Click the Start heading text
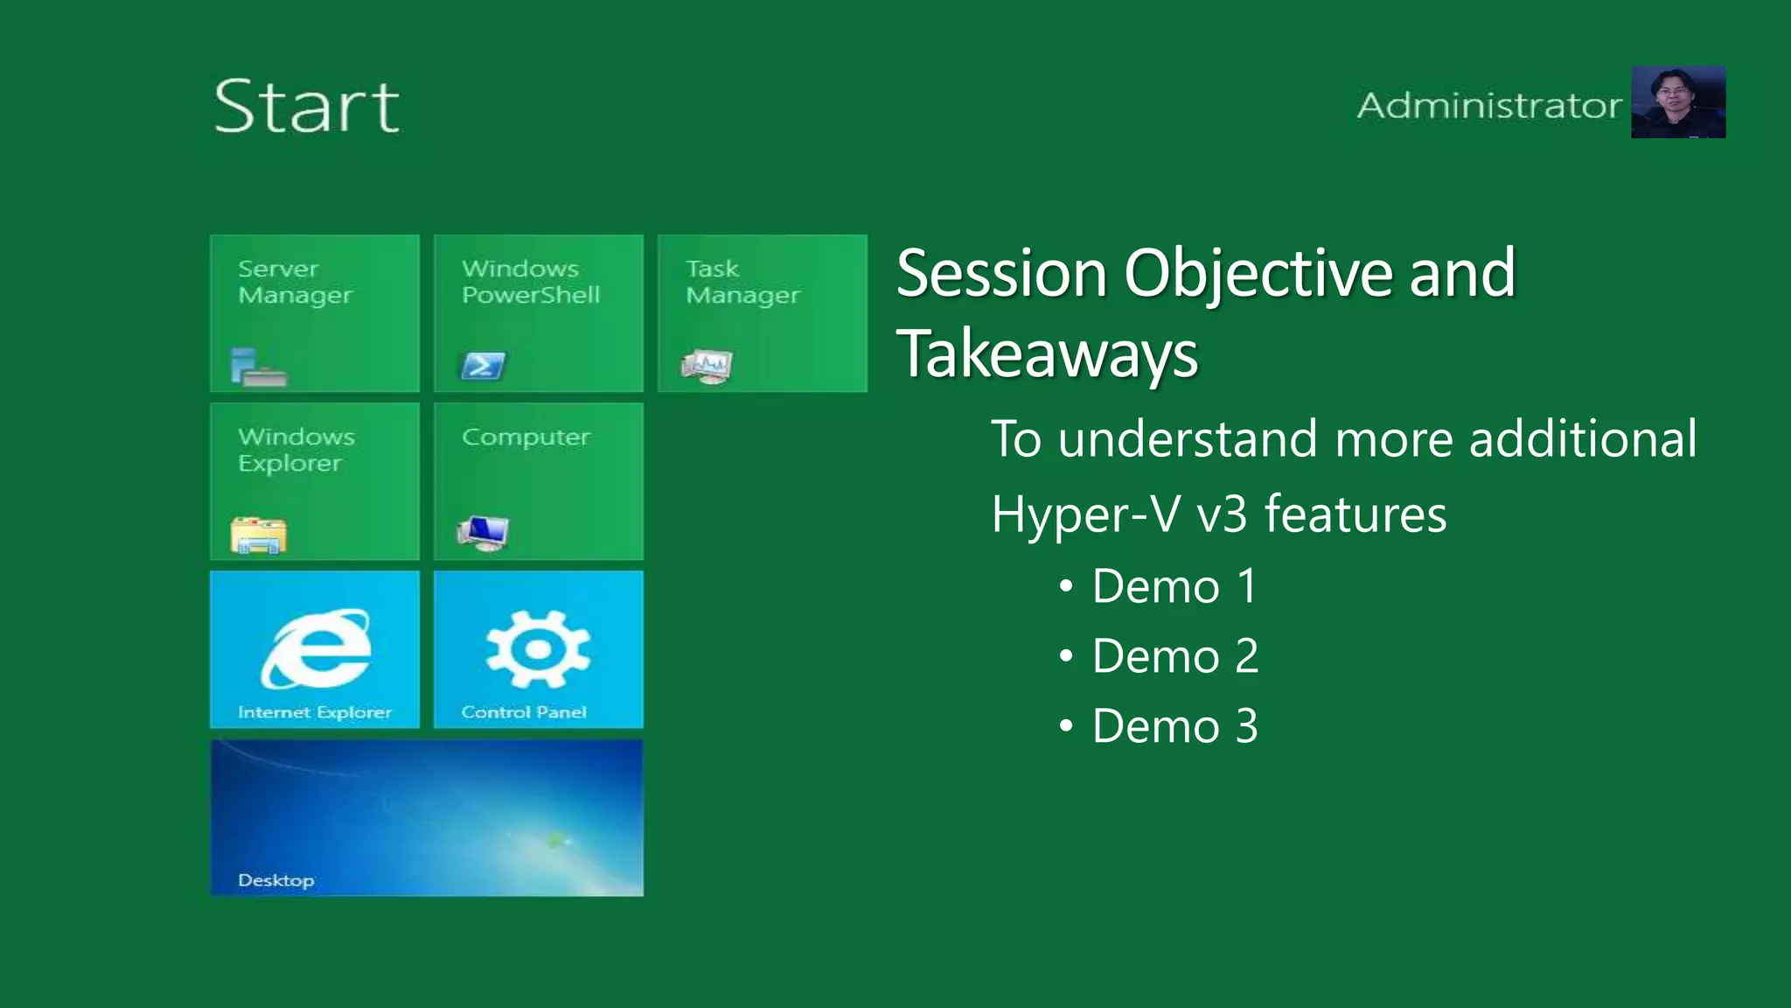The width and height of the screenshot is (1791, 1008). click(306, 106)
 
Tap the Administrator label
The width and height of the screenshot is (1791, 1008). click(1488, 106)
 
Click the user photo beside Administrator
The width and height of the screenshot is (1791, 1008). click(1677, 102)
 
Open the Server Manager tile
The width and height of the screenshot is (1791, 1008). click(315, 312)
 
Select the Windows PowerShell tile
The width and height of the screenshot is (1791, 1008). click(538, 312)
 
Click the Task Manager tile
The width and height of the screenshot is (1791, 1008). click(762, 312)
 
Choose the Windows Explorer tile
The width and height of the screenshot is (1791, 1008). click(315, 480)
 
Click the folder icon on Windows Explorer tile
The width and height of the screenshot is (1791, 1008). click(259, 535)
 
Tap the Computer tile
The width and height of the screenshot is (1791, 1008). click(538, 480)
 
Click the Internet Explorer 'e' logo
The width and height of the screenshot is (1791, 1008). click(316, 648)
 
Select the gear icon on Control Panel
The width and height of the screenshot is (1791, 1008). click(538, 648)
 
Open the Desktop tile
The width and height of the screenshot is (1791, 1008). click(427, 817)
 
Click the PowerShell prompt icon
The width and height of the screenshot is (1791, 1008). click(483, 365)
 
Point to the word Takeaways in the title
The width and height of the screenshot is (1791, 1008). click(1047, 354)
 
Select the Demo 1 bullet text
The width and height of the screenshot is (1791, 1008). click(1174, 586)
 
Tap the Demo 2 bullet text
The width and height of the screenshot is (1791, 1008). click(1174, 656)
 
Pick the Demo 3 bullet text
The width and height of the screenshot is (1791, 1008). click(1174, 726)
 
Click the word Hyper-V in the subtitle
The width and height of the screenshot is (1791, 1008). click(1085, 514)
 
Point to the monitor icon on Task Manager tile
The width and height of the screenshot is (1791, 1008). click(707, 366)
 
